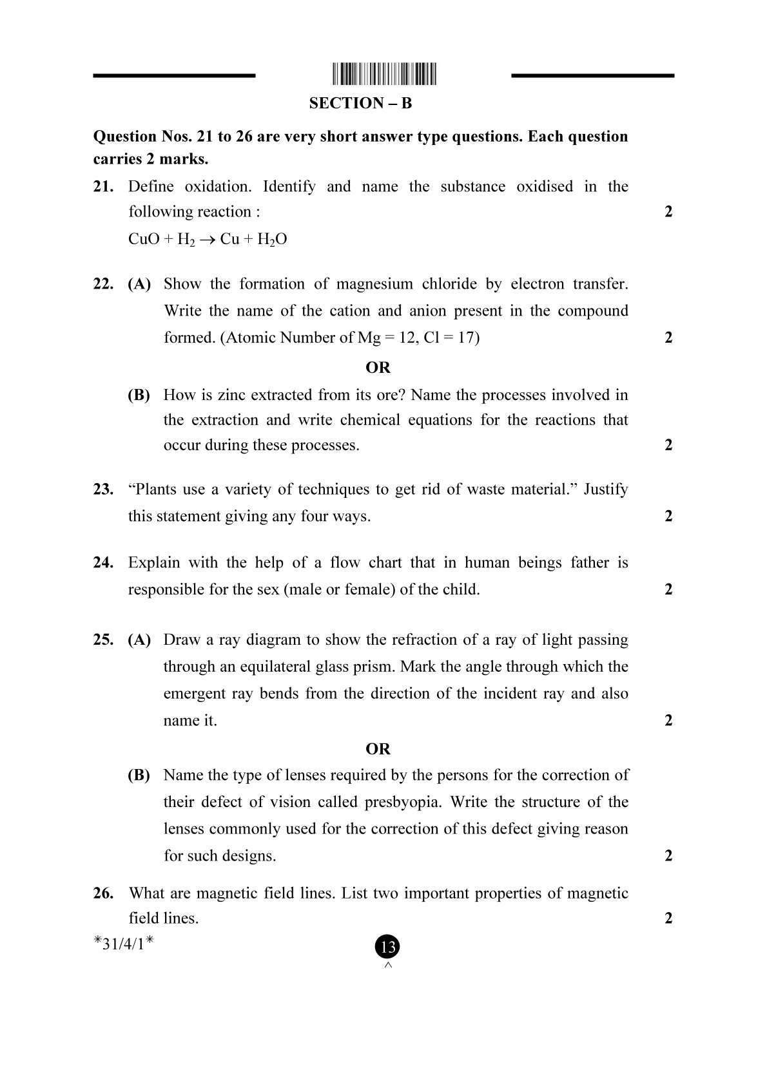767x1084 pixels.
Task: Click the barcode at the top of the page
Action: click(385, 75)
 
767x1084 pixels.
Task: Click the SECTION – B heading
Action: click(360, 103)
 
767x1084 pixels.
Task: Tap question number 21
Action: click(103, 187)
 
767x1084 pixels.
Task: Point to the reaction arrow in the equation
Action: click(207, 240)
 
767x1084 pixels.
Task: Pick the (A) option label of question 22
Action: click(139, 284)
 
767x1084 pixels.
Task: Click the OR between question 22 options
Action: click(378, 367)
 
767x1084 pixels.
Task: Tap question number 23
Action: click(103, 490)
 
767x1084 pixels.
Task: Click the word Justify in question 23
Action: click(605, 490)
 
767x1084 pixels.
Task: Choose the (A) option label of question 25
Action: click(139, 640)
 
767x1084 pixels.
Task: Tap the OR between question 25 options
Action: click(378, 748)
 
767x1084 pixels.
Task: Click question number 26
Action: click(103, 893)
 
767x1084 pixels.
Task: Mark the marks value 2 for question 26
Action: click(668, 918)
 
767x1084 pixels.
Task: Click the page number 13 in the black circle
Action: click(387, 947)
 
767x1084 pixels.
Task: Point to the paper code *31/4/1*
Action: click(124, 944)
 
